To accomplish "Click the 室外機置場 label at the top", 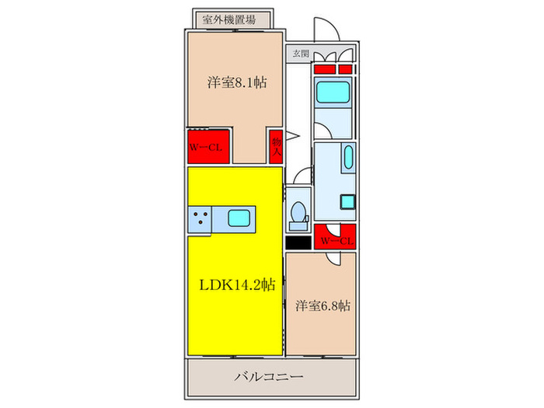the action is click(229, 19).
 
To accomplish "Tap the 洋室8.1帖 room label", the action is click(237, 82).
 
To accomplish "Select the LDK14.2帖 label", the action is click(237, 285).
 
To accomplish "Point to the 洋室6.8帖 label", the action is click(323, 306).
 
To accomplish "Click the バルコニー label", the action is click(269, 376).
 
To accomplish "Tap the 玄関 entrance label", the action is click(301, 54).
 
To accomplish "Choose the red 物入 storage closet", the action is click(276, 146).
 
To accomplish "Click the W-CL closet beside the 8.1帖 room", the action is click(208, 146).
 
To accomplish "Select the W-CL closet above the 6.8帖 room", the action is click(335, 236).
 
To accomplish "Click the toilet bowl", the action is click(298, 212).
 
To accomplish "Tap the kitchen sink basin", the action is click(239, 218).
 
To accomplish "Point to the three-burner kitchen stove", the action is click(200, 219).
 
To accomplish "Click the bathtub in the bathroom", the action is click(333, 92).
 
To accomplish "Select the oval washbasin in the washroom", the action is click(348, 157).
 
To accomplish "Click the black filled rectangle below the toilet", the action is click(298, 242).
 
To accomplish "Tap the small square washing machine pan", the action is click(347, 202).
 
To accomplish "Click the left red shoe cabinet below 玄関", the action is click(325, 69).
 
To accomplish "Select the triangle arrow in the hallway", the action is click(292, 136).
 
